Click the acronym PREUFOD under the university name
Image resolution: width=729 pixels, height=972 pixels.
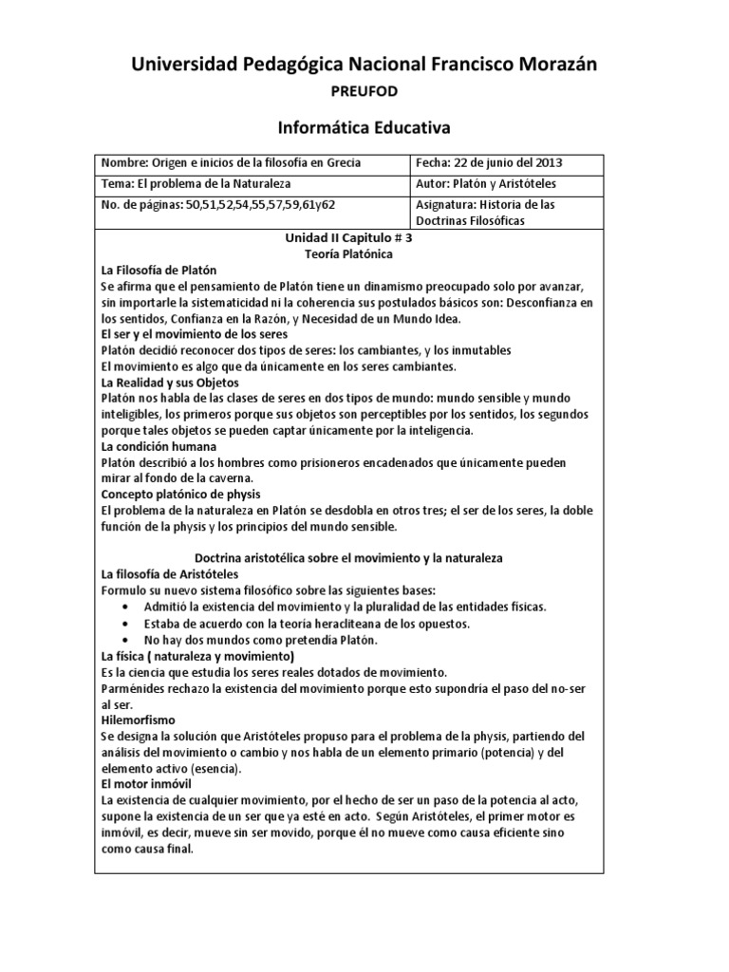(x=364, y=90)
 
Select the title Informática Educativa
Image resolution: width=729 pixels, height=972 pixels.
(x=364, y=126)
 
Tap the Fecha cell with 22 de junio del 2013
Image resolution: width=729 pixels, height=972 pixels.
(x=495, y=162)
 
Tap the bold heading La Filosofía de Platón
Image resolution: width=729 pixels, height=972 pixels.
(x=155, y=271)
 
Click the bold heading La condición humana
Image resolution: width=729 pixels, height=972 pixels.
(x=159, y=446)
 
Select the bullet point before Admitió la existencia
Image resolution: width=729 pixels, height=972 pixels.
(x=127, y=607)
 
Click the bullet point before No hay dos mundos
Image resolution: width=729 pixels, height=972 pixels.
(x=127, y=640)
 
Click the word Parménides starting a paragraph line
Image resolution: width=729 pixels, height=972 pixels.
(x=136, y=688)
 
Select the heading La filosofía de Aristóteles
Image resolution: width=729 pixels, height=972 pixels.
(x=170, y=575)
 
